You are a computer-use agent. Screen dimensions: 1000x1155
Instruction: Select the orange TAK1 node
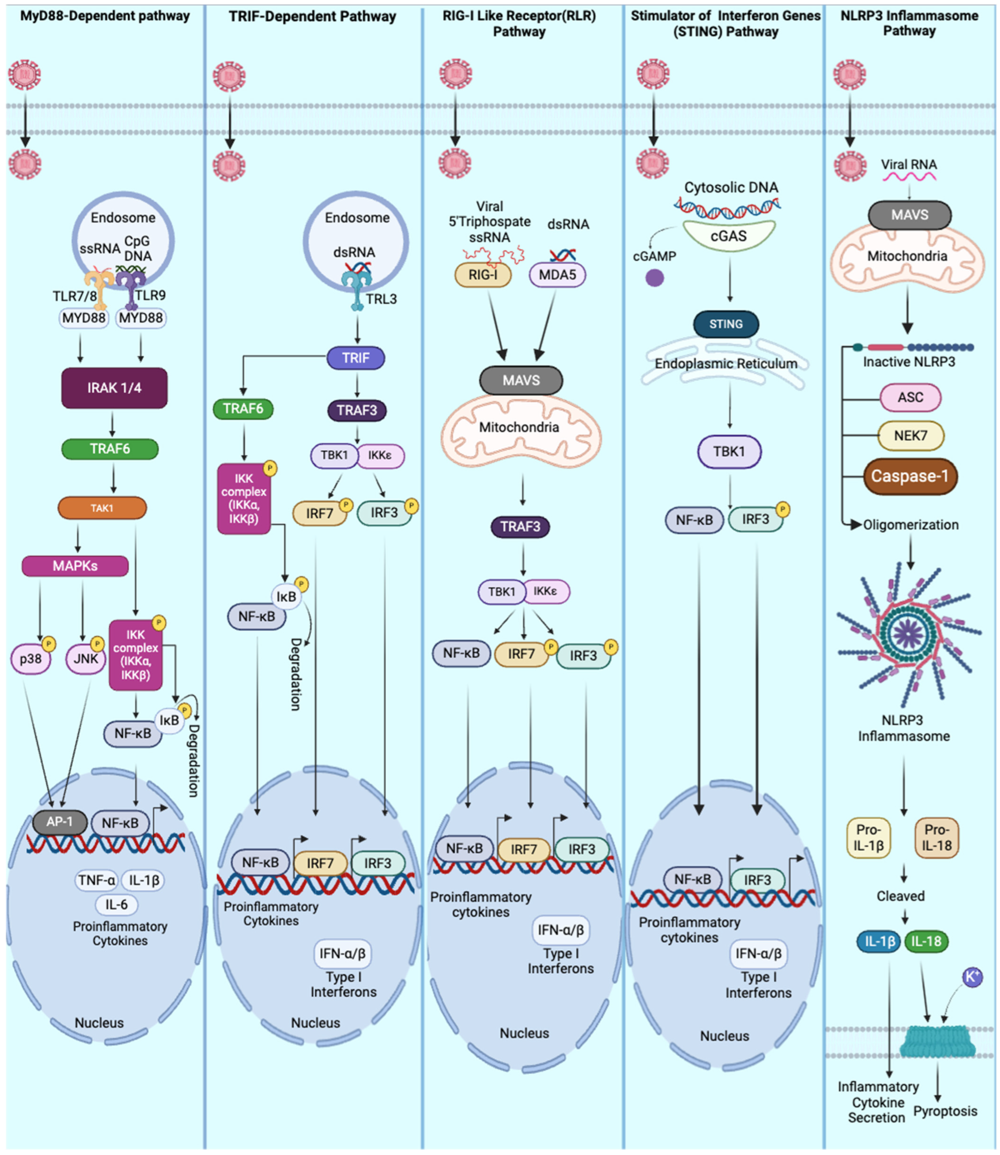[x=102, y=508]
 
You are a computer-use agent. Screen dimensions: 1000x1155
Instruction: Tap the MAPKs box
[x=75, y=566]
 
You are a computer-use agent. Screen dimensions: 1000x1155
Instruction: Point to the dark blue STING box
[x=726, y=324]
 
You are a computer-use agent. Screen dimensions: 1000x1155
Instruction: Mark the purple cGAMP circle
[x=655, y=277]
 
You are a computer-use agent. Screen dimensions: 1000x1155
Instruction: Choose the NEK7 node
[x=911, y=436]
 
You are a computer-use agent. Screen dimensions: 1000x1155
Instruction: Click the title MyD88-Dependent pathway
[x=105, y=16]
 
